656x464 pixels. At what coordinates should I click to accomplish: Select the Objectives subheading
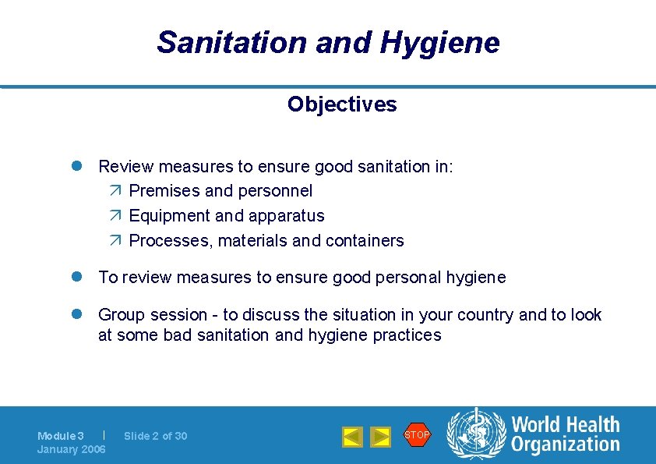coord(341,104)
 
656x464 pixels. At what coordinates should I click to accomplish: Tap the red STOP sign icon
coord(417,434)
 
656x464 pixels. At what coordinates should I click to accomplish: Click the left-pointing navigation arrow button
coord(352,437)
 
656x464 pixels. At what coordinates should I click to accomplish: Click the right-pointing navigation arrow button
coord(380,437)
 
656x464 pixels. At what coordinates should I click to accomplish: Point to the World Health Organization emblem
coord(475,434)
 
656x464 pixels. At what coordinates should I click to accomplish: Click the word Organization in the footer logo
coord(566,445)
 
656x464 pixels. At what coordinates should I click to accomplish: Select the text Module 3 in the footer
coord(61,436)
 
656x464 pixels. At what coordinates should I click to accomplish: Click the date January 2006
coord(72,449)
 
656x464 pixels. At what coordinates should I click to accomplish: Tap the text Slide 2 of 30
coord(156,436)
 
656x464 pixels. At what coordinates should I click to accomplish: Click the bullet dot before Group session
coord(79,315)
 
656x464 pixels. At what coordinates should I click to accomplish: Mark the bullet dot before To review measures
coord(79,278)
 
